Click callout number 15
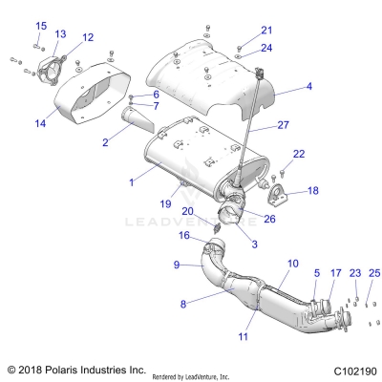(x=41, y=26)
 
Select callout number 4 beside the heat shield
(x=308, y=87)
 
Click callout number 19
(x=165, y=203)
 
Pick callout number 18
(x=312, y=191)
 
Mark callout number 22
(x=298, y=153)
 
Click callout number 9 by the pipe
(x=176, y=264)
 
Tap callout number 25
(x=374, y=273)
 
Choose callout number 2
(x=104, y=142)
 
